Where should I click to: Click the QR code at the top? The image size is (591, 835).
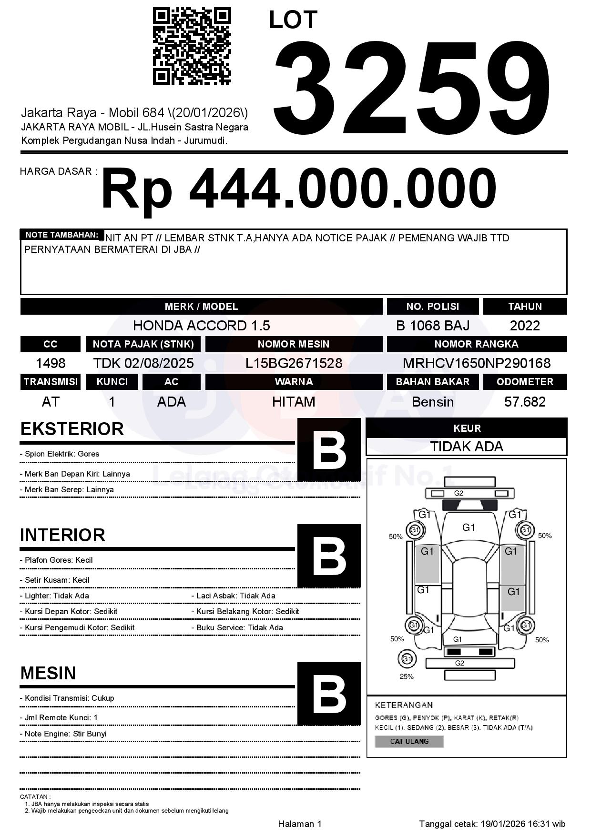pos(192,46)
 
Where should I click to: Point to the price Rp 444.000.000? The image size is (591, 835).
pos(298,189)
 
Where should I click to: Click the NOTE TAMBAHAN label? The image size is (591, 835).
pos(61,235)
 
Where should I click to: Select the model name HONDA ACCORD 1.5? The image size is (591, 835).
pos(201,326)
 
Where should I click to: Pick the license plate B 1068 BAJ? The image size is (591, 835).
pos(432,326)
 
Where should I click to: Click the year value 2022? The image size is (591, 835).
pos(525,326)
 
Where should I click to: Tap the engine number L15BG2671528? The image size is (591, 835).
pos(294,363)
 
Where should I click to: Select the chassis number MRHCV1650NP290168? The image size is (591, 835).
pos(477,363)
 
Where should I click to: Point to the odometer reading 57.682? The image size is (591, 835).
pos(525,402)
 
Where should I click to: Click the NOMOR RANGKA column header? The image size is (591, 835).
pos(477,344)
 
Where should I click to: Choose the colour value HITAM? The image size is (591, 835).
pos(294,402)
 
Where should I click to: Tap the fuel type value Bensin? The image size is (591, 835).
pos(432,402)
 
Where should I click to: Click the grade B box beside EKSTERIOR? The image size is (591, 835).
pos(329,449)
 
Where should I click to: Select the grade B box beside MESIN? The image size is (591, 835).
pos(329,694)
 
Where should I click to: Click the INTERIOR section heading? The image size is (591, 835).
pos(62,535)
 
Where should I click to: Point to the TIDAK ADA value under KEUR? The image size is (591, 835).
pos(467,447)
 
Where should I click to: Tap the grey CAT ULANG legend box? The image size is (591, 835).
pos(409,741)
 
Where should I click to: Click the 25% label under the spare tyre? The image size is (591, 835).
pos(407,676)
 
